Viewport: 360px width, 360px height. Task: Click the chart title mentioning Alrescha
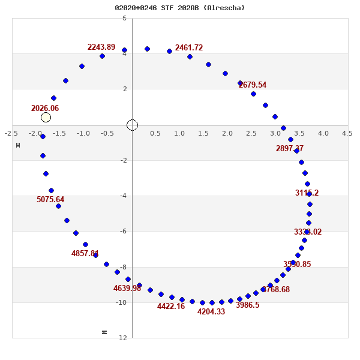180,8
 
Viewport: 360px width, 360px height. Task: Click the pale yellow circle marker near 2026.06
46,117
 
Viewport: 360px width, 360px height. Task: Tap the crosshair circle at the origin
133,125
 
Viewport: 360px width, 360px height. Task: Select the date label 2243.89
101,47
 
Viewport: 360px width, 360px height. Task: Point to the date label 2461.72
189,48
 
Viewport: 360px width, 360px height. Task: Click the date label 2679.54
253,85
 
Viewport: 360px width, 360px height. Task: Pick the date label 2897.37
290,149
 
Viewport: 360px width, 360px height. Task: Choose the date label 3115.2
307,193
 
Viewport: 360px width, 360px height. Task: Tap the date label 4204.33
211,312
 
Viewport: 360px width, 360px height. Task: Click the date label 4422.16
171,307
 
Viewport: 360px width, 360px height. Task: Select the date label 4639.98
127,289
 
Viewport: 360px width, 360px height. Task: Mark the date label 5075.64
50,200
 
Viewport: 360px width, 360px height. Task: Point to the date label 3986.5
248,305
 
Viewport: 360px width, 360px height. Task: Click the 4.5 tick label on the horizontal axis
347,133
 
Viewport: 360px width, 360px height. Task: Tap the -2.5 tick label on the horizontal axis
11,133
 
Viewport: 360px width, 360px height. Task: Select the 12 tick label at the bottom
122,338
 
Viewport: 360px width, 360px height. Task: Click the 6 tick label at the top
124,18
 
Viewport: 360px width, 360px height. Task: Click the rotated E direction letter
18,145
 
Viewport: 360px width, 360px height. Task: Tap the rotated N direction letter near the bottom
104,332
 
